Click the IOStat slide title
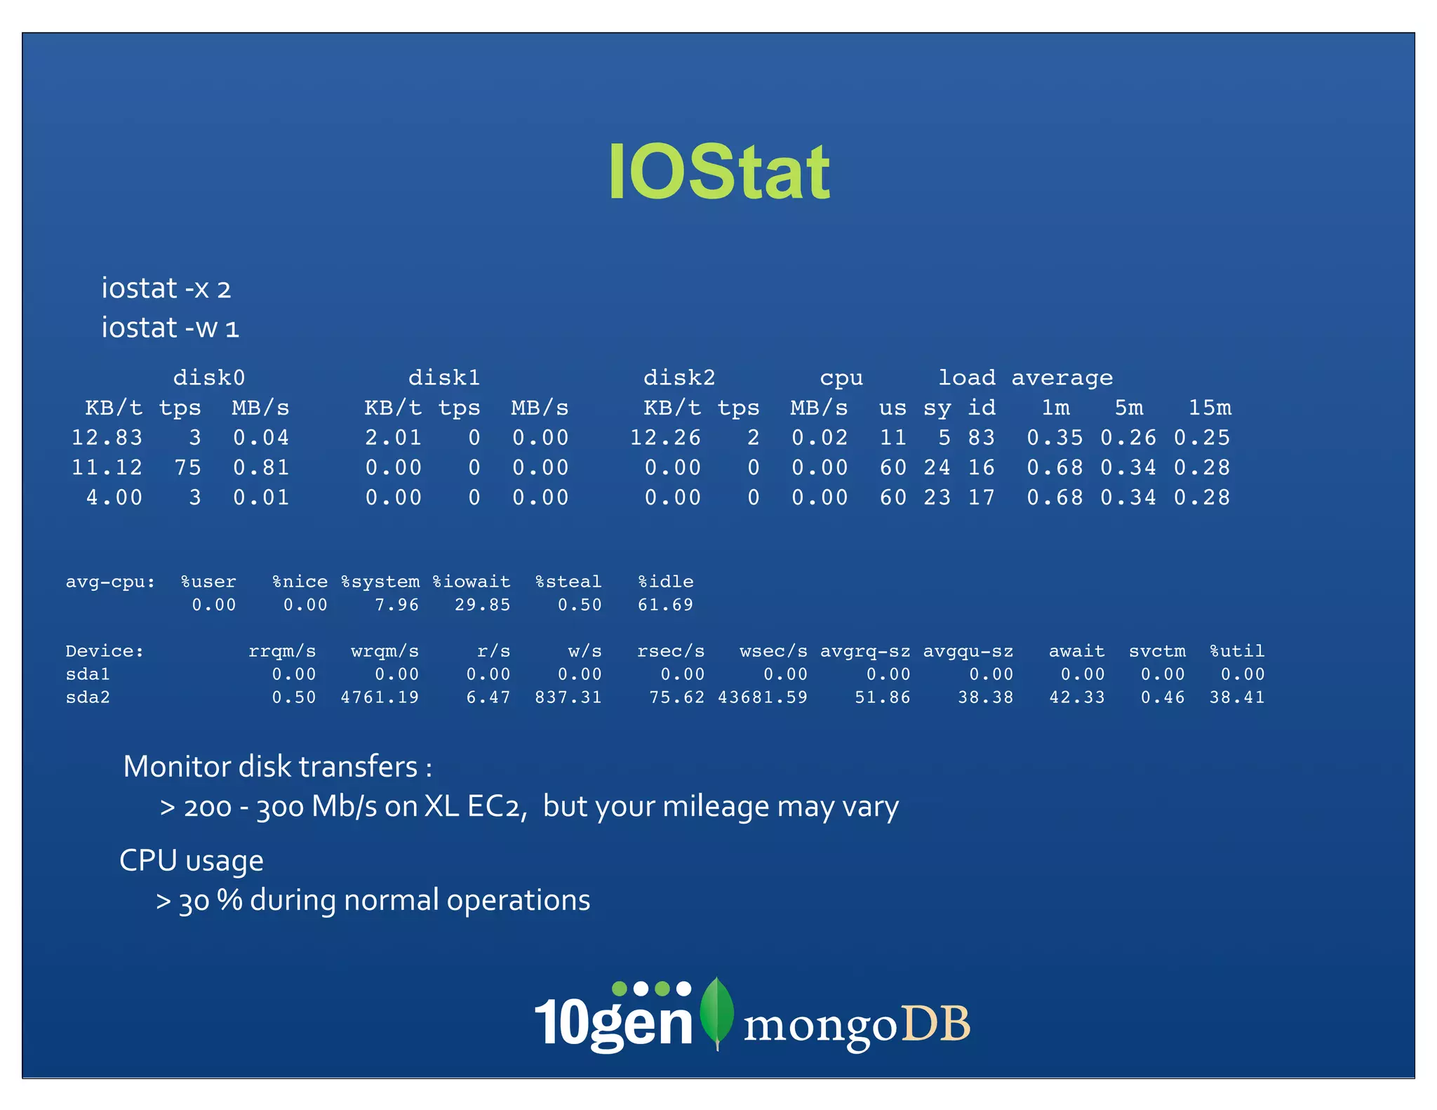718,172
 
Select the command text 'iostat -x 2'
166,288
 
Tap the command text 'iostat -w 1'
171,328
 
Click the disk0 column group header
209,377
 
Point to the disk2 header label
679,377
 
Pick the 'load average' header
1025,377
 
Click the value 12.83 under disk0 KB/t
107,438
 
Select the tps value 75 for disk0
187,467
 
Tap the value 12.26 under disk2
665,438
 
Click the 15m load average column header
1210,408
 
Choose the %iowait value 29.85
482,605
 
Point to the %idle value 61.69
665,605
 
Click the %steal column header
568,582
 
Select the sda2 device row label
88,697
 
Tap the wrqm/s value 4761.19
380,697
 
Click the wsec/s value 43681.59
763,697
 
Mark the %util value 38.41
1236,697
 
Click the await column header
1076,651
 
